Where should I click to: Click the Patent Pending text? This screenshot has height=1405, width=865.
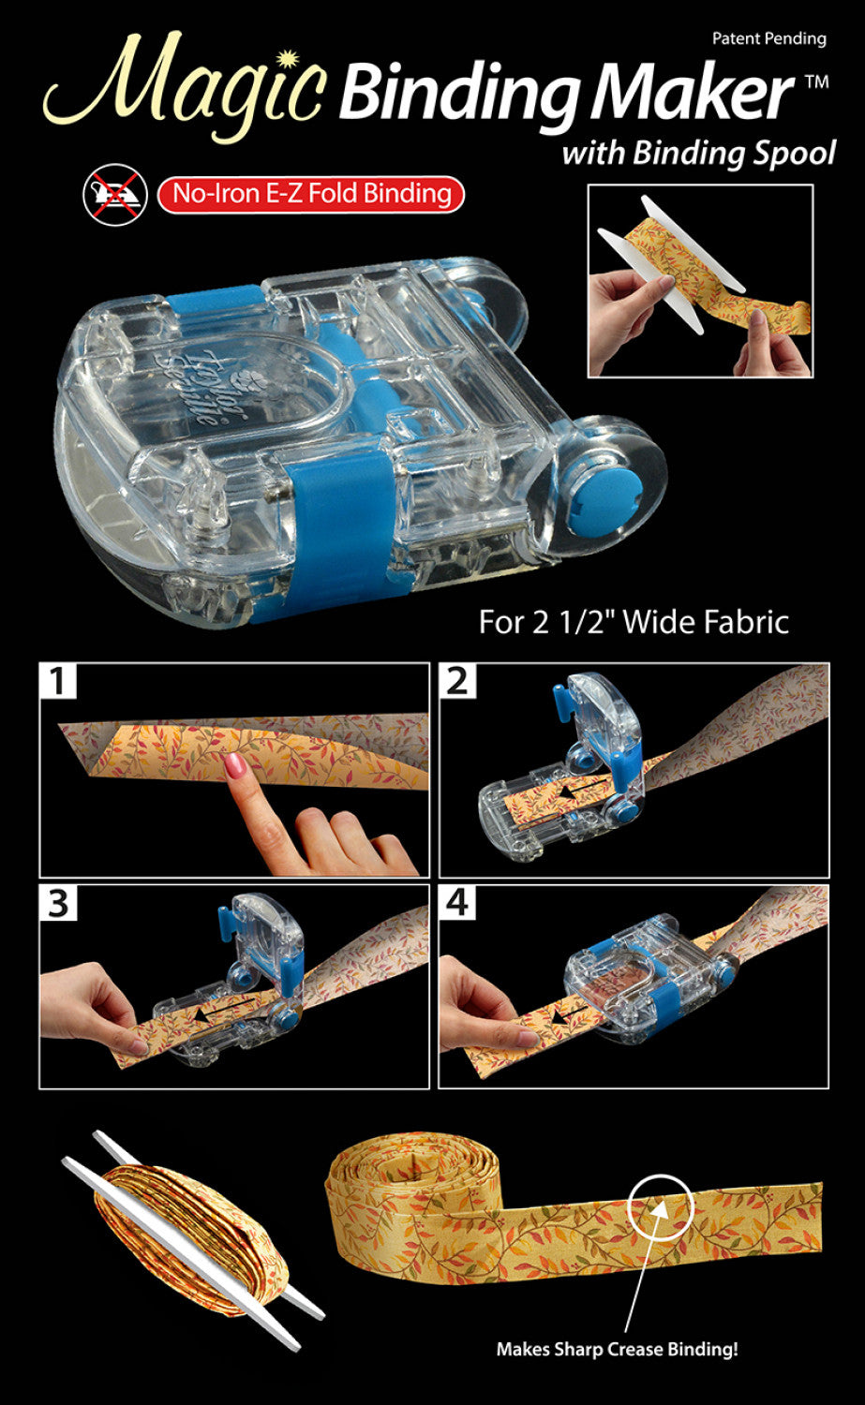pyautogui.click(x=768, y=38)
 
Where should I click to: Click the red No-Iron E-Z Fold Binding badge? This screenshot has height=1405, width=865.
pyautogui.click(x=310, y=195)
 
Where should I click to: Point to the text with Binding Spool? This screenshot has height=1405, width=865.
pyautogui.click(x=698, y=153)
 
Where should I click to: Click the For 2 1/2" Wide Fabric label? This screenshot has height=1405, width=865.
pyautogui.click(x=634, y=622)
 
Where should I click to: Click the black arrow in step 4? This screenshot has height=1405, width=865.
pyautogui.click(x=564, y=1014)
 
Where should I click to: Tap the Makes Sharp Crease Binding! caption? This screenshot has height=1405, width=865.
pyautogui.click(x=617, y=1350)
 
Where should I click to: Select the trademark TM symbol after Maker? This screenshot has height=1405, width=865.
pyautogui.click(x=816, y=82)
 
